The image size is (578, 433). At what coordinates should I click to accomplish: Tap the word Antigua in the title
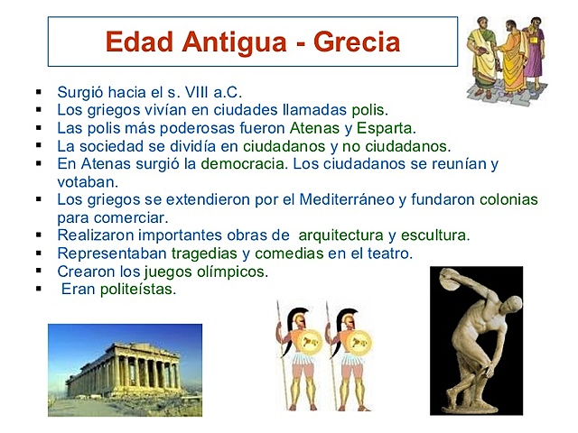(x=219, y=41)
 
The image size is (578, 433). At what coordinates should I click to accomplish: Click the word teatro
(x=389, y=253)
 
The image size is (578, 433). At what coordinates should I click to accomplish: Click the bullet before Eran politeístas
(x=40, y=290)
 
